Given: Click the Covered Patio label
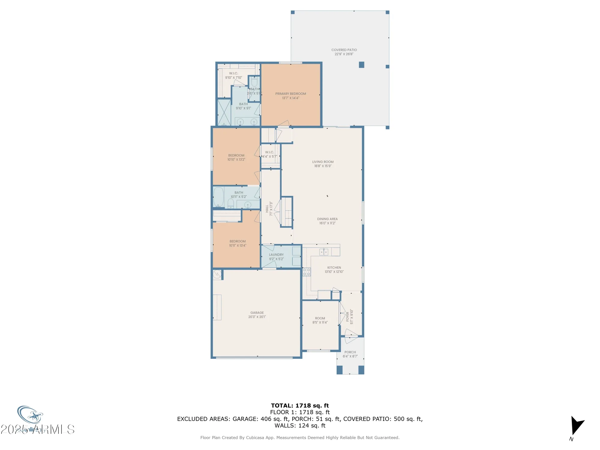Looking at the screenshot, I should (x=344, y=50).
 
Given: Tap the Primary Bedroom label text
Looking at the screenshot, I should (x=290, y=94).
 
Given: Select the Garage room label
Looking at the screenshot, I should (x=257, y=313).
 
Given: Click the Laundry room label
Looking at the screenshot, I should (x=276, y=255).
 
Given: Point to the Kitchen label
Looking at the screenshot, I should (x=334, y=268).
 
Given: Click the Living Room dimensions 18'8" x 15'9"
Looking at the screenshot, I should (x=323, y=166).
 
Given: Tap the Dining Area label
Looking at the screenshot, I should (x=327, y=219).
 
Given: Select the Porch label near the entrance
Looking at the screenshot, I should (x=350, y=352).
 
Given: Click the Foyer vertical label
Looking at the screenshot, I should (x=348, y=317).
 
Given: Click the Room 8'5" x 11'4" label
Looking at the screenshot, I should (x=320, y=318).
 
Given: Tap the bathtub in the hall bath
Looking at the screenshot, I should (x=218, y=197).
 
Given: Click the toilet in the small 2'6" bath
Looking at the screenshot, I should (x=254, y=82).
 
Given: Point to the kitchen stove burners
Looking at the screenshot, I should (x=307, y=272).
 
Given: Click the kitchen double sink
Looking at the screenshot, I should (x=324, y=252).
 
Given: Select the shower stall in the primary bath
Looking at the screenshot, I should (x=224, y=112).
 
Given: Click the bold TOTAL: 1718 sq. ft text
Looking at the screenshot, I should (x=300, y=406).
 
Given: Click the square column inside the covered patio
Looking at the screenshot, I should (x=361, y=65).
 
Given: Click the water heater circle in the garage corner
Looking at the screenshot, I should (x=217, y=274).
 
